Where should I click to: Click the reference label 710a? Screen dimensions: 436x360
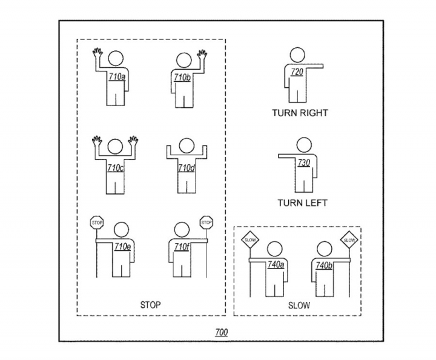click(x=117, y=77)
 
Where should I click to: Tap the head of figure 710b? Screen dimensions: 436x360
click(x=184, y=60)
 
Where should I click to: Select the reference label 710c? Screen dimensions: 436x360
click(x=116, y=168)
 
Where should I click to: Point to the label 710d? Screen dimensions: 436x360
click(x=187, y=168)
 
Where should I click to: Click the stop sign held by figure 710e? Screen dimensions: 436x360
click(x=97, y=222)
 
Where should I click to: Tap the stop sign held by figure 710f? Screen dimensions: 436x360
click(x=206, y=222)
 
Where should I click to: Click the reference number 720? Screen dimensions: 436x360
click(x=297, y=72)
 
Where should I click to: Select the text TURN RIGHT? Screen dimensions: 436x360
click(x=300, y=113)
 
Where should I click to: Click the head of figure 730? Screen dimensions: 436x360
click(x=304, y=145)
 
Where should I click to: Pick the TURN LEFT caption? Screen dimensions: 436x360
click(x=302, y=203)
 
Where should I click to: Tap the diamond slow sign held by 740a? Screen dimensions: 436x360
click(x=249, y=240)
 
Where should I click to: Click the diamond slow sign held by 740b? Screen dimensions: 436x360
click(x=349, y=240)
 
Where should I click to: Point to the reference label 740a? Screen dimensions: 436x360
click(x=276, y=265)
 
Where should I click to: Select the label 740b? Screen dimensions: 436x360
click(x=323, y=265)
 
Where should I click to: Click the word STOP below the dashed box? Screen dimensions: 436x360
click(x=150, y=305)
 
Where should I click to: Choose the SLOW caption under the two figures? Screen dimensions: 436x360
click(x=299, y=305)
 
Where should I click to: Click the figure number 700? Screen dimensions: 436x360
click(x=222, y=332)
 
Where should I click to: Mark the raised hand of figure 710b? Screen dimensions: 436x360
click(x=202, y=55)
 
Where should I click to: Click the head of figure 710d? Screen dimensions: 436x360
click(x=187, y=146)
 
